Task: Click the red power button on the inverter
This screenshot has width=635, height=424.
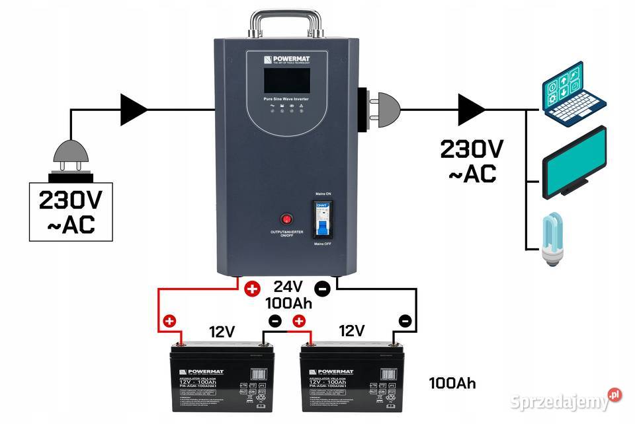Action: [286, 219]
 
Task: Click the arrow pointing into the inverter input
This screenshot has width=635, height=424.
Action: [135, 108]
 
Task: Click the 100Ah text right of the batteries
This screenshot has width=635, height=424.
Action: [452, 383]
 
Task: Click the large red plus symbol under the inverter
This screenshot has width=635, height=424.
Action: [251, 289]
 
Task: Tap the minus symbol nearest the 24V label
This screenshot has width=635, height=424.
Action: [321, 289]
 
